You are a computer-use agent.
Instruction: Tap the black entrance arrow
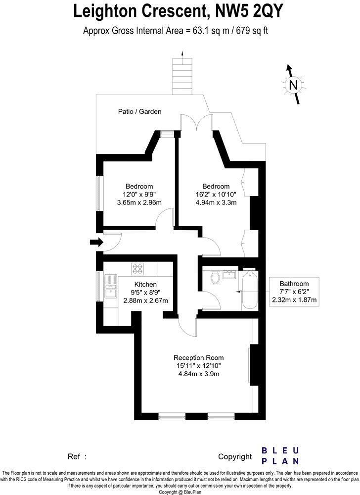click(x=96, y=242)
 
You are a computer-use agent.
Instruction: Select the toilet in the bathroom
click(x=215, y=279)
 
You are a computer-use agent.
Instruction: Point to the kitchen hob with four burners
click(x=137, y=269)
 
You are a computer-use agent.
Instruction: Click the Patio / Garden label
click(x=139, y=112)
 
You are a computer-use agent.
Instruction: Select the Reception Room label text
click(x=198, y=357)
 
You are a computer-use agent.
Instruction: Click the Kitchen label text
click(x=145, y=284)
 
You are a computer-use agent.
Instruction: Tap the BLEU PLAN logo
click(x=280, y=455)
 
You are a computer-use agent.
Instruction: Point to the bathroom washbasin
click(x=228, y=275)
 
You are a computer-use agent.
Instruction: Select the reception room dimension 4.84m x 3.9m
click(x=198, y=374)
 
